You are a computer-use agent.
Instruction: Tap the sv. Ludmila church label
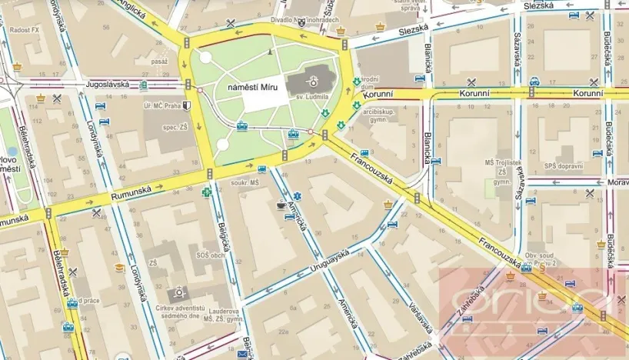click(313, 97)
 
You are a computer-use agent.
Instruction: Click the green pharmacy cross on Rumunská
click(206, 193)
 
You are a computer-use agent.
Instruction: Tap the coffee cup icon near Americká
click(280, 205)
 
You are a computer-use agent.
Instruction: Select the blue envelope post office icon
click(243, 354)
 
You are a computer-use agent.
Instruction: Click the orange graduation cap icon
click(119, 268)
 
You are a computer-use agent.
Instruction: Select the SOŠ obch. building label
click(209, 255)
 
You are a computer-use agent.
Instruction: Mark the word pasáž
click(160, 61)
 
